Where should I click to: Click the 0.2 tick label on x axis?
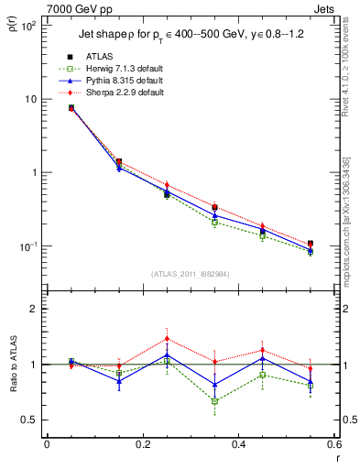[x=142, y=445]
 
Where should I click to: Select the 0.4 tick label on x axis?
[x=238, y=445]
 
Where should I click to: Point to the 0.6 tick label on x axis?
[x=333, y=445]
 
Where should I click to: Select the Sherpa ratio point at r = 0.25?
[x=167, y=338]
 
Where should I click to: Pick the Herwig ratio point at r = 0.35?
[x=214, y=401]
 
